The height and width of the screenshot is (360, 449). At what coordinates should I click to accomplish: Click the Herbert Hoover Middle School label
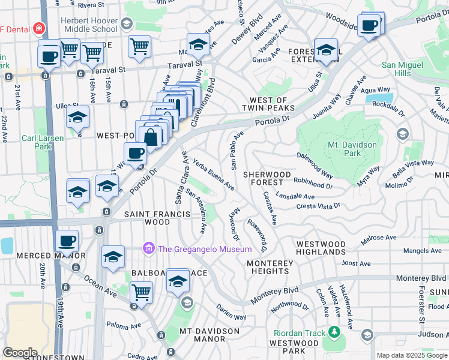pos(89,25)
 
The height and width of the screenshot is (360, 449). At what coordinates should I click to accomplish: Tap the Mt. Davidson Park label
pos(352,149)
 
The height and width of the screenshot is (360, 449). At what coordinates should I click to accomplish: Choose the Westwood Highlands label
pos(321,248)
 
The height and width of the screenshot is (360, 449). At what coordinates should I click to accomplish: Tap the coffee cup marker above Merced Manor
pos(67,241)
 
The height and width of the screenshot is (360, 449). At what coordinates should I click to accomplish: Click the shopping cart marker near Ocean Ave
pos(141,292)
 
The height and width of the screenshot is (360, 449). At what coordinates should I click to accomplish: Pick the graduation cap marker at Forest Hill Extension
pos(327,50)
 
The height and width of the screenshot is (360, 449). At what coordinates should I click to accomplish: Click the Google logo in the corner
pos(20,353)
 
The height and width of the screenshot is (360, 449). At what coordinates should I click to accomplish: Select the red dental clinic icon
pos(38,28)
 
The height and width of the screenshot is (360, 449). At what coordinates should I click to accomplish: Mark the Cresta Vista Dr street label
pos(318,206)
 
